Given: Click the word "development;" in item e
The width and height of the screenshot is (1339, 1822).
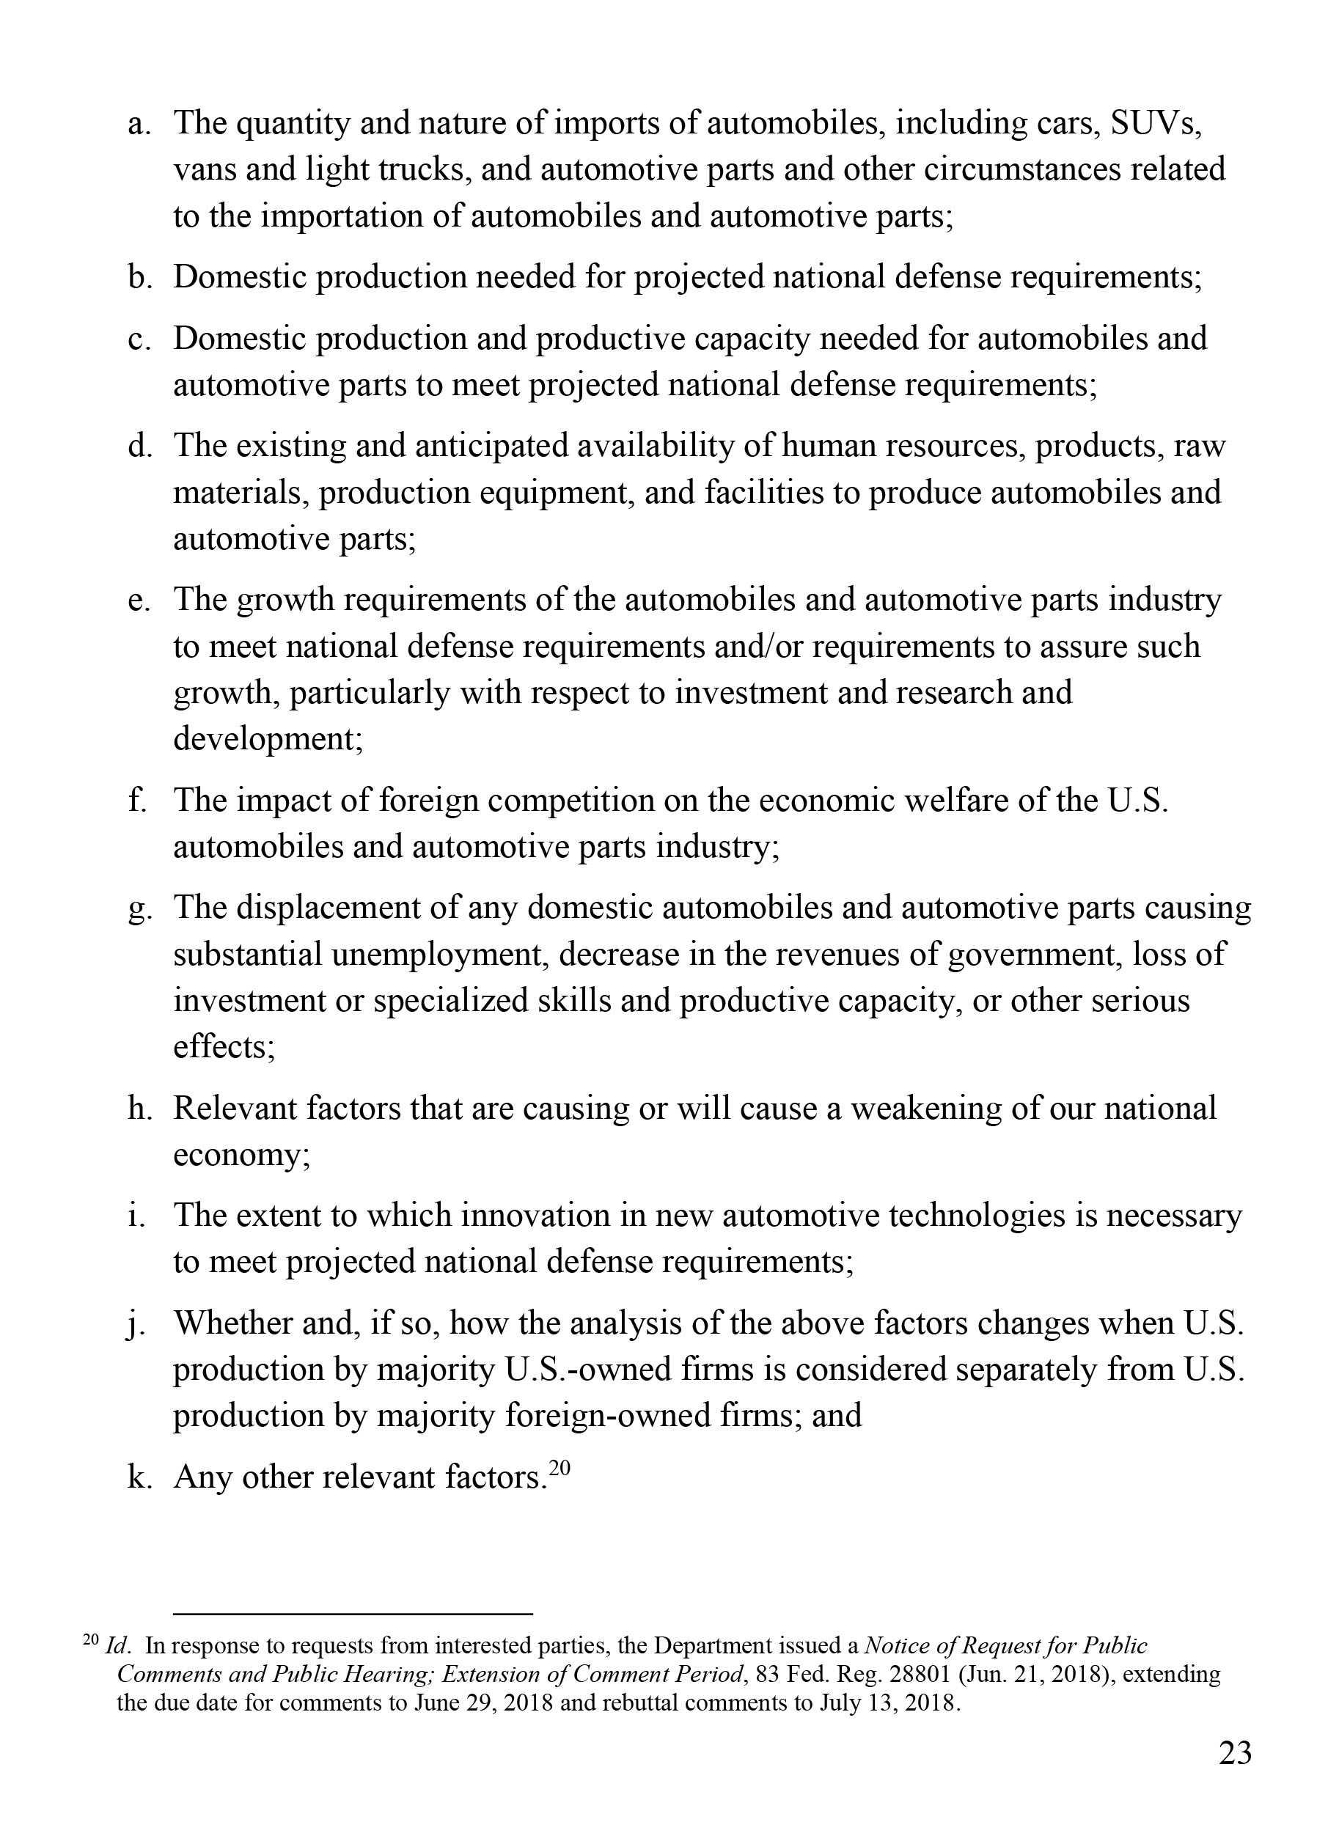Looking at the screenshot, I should (268, 739).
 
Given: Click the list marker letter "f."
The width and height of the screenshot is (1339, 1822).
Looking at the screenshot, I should (138, 800).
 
